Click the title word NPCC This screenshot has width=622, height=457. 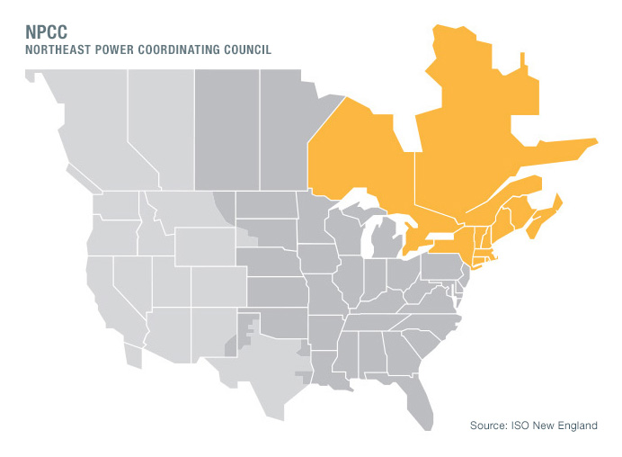46,32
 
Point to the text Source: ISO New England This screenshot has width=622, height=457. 533,425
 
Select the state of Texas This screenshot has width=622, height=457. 256,360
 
